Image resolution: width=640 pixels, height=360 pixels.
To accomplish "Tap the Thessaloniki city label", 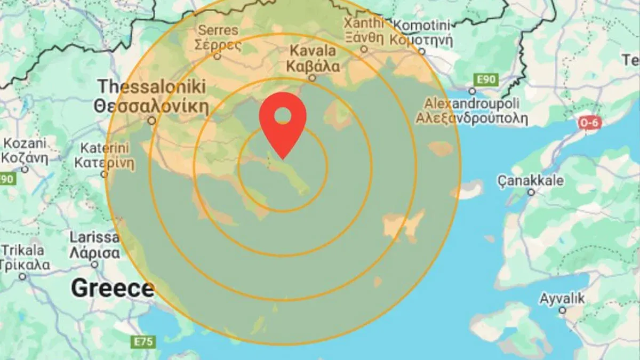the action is click(x=151, y=96).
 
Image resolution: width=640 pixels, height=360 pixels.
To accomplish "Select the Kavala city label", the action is click(x=313, y=59).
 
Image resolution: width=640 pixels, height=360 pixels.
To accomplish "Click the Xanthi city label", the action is click(x=364, y=30).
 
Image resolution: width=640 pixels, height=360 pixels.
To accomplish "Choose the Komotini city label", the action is click(x=421, y=32).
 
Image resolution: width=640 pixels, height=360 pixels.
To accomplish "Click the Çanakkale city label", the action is click(x=531, y=180).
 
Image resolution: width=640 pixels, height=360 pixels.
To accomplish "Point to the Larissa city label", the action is click(x=94, y=245).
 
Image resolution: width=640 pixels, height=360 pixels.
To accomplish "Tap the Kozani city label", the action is click(x=25, y=151).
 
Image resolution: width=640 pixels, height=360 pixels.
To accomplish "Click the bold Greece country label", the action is click(x=113, y=289).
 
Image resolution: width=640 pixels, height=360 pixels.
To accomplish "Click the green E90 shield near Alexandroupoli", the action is click(x=486, y=80).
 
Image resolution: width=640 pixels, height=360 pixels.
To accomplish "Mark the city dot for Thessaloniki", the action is click(x=152, y=121).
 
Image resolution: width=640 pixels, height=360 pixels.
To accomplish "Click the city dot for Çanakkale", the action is click(x=531, y=193).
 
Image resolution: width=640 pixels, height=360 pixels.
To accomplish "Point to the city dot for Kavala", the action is click(x=312, y=78).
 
